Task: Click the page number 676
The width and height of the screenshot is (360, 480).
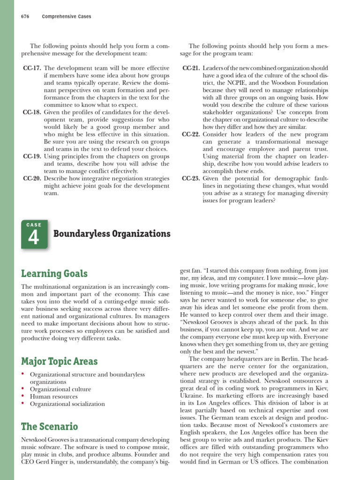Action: click(x=25, y=16)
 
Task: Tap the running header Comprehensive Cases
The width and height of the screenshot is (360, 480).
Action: click(x=67, y=16)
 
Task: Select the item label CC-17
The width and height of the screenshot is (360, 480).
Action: click(x=32, y=68)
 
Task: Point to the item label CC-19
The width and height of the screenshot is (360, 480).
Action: click(x=32, y=157)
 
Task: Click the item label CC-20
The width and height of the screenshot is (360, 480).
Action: click(x=32, y=179)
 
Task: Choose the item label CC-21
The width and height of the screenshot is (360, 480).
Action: click(x=191, y=68)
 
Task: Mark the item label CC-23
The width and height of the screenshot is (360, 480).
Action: click(x=191, y=179)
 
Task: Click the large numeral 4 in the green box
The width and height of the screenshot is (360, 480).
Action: click(x=33, y=238)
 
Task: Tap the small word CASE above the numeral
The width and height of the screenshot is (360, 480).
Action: click(x=34, y=225)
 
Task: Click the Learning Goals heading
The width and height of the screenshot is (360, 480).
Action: click(x=54, y=273)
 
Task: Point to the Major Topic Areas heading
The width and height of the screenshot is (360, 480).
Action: click(x=60, y=361)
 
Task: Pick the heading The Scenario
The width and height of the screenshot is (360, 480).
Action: click(x=50, y=426)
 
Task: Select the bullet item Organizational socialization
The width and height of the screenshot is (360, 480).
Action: click(x=67, y=404)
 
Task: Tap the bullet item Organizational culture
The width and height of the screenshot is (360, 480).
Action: click(x=60, y=389)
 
